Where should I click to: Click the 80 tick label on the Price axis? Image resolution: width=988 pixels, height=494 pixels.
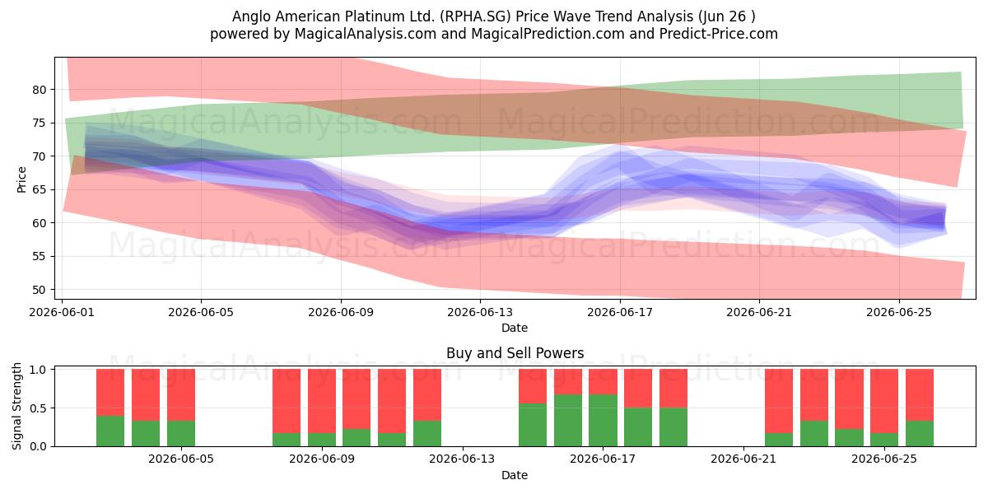[x=39, y=90]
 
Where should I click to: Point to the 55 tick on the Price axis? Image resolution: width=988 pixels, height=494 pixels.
[x=39, y=256]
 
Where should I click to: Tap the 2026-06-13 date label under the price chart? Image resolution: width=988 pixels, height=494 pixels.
[x=480, y=312]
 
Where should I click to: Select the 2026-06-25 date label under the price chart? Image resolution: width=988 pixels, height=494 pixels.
[x=899, y=312]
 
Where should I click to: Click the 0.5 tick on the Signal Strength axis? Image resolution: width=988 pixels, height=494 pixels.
[x=39, y=408]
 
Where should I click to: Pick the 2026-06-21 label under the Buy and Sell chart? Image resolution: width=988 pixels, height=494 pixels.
[x=743, y=459]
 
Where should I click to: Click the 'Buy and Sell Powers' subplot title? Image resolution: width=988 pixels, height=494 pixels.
[x=515, y=353]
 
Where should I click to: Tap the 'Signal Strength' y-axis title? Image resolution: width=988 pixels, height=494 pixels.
[x=16, y=406]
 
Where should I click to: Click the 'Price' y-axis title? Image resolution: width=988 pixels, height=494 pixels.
[x=21, y=179]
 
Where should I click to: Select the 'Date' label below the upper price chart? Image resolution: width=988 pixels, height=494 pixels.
[x=515, y=328]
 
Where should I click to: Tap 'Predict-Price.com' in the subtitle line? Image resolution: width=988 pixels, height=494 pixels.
[x=719, y=34]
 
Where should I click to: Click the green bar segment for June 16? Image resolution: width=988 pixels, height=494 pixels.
[x=568, y=421]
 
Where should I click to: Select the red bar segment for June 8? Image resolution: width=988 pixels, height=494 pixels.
[x=287, y=401]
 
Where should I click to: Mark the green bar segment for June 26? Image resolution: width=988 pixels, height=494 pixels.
[x=920, y=434]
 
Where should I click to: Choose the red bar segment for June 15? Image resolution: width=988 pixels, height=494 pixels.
[x=533, y=386]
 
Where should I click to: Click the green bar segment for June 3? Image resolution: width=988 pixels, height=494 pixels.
[x=146, y=434]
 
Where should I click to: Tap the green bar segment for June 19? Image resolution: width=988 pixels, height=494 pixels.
[x=673, y=427]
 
